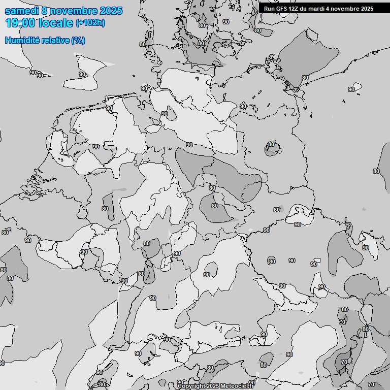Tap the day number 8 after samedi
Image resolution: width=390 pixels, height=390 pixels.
click(x=45, y=11)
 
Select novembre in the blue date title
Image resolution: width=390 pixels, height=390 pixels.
click(x=74, y=11)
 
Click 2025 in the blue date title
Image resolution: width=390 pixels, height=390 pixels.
click(x=111, y=11)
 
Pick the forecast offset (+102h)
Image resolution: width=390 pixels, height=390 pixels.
click(x=90, y=23)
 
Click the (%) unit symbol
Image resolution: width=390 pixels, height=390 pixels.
click(x=78, y=40)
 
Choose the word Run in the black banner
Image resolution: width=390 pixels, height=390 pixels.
click(x=269, y=9)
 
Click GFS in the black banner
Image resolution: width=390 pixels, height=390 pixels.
click(x=282, y=9)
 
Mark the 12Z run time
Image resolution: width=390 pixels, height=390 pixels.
click(x=295, y=9)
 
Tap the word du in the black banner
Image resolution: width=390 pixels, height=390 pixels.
click(x=305, y=9)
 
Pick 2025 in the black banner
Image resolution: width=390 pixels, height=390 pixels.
click(x=367, y=9)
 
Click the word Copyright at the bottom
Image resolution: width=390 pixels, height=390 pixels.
click(x=191, y=386)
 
